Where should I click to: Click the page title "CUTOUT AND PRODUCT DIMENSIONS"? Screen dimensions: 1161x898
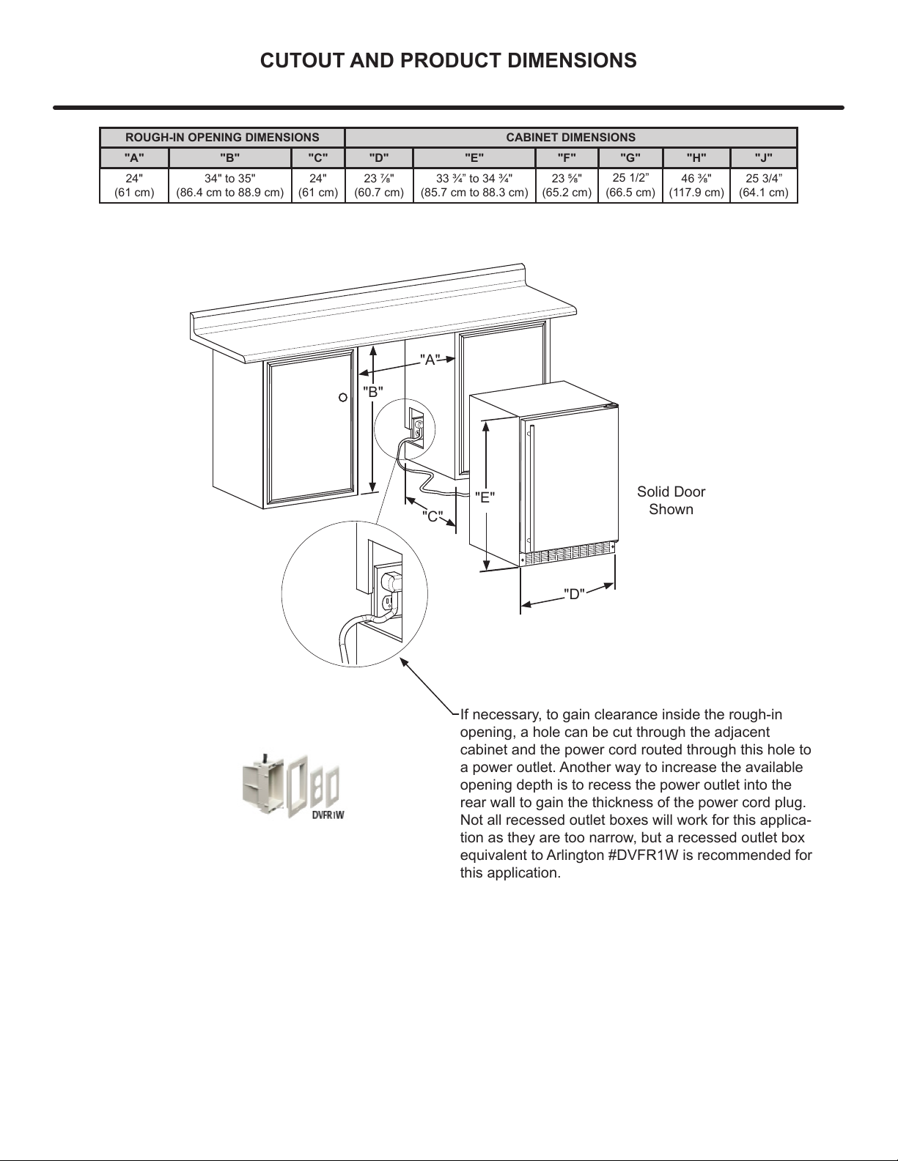point(449,61)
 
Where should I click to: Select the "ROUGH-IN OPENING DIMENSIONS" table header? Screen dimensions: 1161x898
point(222,138)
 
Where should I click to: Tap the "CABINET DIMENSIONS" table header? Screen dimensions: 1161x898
point(570,138)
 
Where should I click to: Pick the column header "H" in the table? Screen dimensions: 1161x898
point(696,158)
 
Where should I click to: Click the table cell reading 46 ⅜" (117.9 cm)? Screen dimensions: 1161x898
point(696,185)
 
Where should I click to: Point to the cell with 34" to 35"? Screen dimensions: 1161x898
point(229,185)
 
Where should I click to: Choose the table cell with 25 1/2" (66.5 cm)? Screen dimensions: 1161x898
point(630,185)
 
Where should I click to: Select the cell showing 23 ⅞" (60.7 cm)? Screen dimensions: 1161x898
point(378,185)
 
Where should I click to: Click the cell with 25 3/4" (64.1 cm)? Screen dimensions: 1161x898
point(763,185)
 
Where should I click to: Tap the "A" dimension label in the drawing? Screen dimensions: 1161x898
point(430,360)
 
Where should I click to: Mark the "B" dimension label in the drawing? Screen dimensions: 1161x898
point(373,391)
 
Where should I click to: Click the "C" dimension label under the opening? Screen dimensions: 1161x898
point(433,516)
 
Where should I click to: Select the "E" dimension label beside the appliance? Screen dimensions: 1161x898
point(485,498)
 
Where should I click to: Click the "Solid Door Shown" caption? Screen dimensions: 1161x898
point(671,500)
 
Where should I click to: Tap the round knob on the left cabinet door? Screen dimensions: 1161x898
point(343,398)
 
